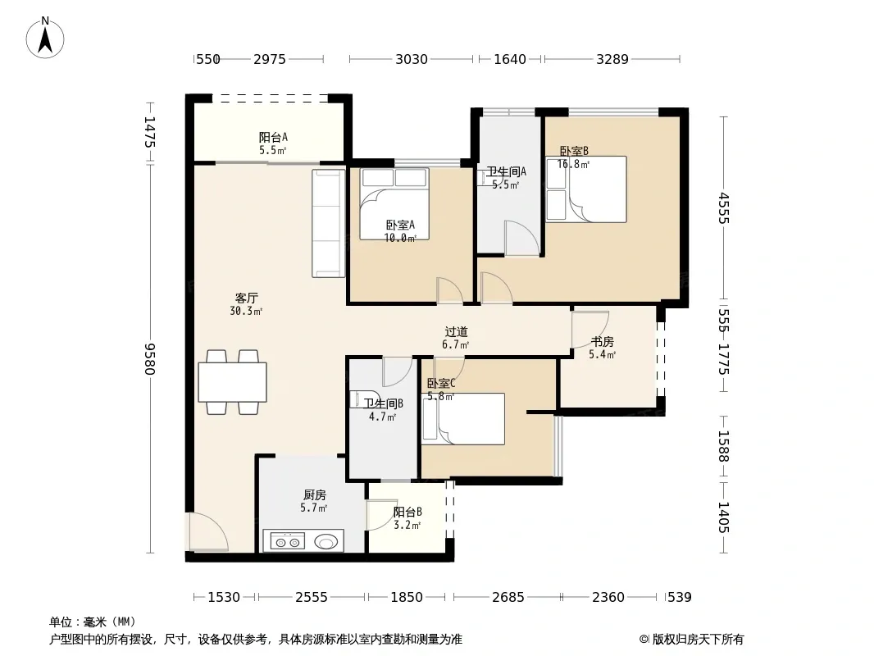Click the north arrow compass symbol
(x=45, y=38)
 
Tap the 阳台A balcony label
(x=273, y=137)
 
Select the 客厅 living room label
(x=246, y=298)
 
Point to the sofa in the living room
(x=328, y=223)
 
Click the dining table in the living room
(x=232, y=382)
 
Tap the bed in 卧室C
(x=464, y=419)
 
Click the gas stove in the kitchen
(x=288, y=541)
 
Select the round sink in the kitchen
(x=326, y=541)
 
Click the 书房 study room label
(x=602, y=342)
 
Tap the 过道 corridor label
(x=456, y=332)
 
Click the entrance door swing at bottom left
(x=207, y=532)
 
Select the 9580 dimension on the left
(x=150, y=358)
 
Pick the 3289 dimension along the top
(x=612, y=59)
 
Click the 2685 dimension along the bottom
(x=508, y=598)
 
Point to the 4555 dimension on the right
(x=723, y=208)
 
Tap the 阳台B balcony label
(x=407, y=512)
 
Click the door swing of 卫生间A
(x=521, y=239)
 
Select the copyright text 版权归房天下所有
(x=698, y=640)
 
